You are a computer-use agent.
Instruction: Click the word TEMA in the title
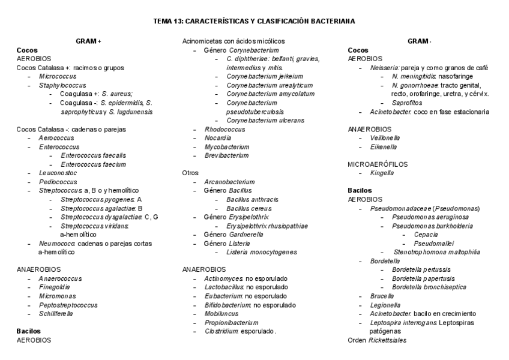pos(163,21)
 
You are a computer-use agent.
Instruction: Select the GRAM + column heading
pos(88,41)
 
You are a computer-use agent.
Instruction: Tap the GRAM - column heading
pos(419,41)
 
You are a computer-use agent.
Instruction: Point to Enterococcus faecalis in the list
pos(93,155)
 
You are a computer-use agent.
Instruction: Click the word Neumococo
pos(57,244)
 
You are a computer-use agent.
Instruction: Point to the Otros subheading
pos(190,173)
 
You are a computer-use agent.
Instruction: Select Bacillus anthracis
pos(252,199)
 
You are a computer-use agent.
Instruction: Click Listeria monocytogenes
pos(261,252)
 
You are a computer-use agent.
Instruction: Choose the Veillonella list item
pos(385,138)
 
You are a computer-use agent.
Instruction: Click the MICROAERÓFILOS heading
pos(378,164)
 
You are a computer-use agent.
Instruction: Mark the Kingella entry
pos(382,173)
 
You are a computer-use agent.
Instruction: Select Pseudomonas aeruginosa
pos(427,217)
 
